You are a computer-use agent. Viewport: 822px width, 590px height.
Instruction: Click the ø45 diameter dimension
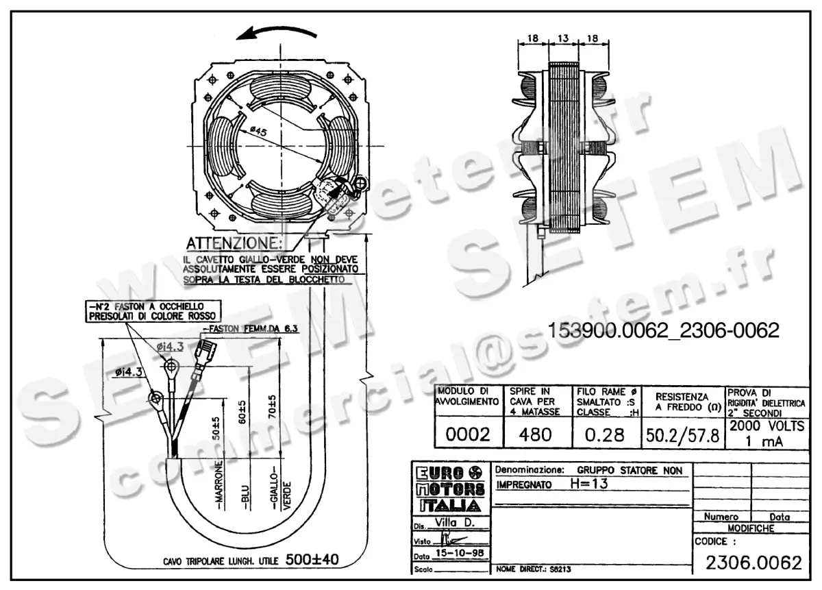(x=258, y=131)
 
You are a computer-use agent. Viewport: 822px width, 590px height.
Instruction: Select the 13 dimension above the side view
(x=564, y=40)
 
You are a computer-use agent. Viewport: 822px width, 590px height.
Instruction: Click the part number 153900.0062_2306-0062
(x=663, y=331)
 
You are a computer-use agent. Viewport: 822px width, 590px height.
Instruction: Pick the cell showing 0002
(x=467, y=434)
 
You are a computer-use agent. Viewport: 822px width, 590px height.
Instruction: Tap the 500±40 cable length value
(x=312, y=559)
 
